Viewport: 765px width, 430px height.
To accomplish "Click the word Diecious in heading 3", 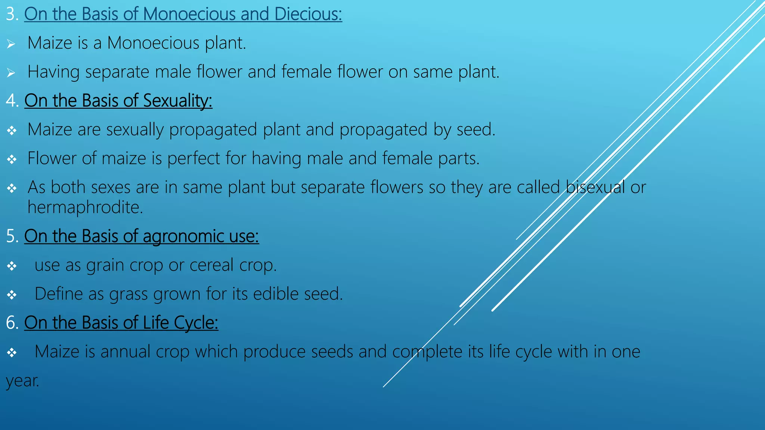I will pyautogui.click(x=308, y=14).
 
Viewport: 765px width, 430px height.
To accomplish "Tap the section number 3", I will pyautogui.click(x=11, y=14).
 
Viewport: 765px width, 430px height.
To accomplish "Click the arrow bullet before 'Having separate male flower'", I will pyautogui.click(x=11, y=72).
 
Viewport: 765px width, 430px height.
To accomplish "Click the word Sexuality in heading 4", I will pyautogui.click(x=177, y=101).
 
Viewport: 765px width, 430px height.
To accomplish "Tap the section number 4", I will pyautogui.click(x=11, y=101).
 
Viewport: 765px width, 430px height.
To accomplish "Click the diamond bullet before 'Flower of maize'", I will pyautogui.click(x=12, y=159).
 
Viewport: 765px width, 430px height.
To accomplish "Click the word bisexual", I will pyautogui.click(x=595, y=187).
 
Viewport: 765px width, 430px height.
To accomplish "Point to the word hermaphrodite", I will pyautogui.click(x=85, y=207).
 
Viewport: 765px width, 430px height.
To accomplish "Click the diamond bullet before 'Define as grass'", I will pyautogui.click(x=12, y=295).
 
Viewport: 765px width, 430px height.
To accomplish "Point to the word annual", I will pyautogui.click(x=125, y=352).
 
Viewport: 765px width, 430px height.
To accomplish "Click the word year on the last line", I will pyautogui.click(x=22, y=381).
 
